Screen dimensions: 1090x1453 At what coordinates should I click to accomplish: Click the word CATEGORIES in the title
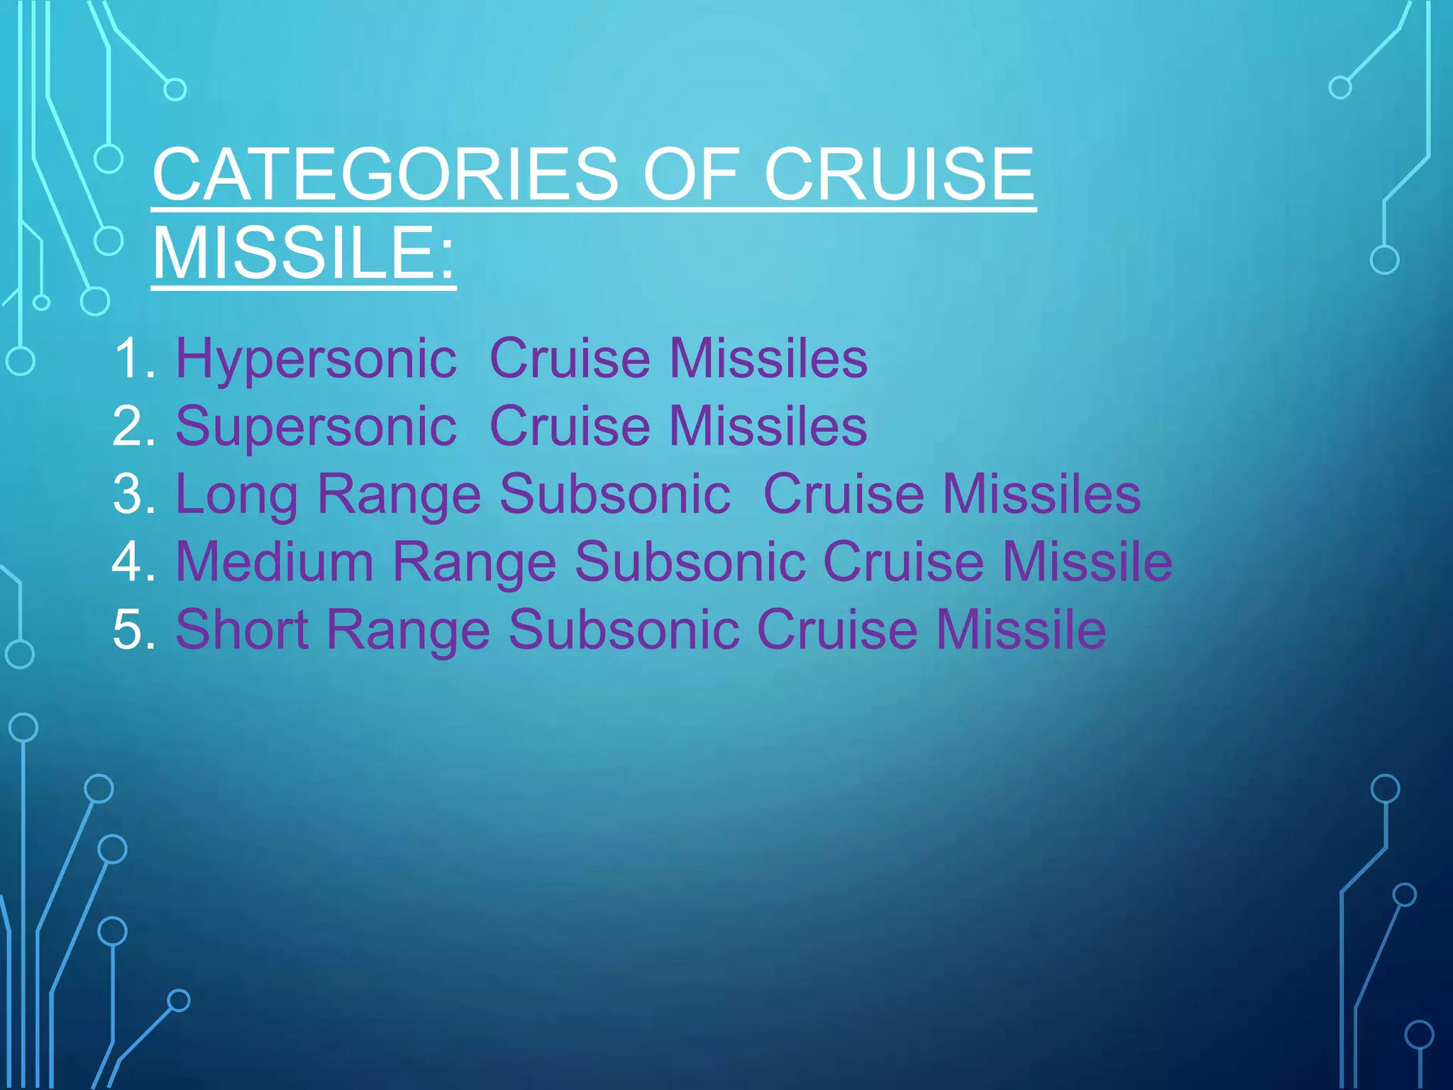[385, 174]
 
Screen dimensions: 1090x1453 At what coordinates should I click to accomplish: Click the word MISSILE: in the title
[304, 253]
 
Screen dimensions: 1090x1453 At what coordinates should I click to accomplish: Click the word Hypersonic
[316, 358]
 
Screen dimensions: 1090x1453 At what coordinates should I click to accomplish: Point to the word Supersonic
[316, 426]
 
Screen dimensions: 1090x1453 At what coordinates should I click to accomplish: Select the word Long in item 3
[237, 494]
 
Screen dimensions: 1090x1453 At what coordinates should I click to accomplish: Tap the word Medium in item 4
[275, 561]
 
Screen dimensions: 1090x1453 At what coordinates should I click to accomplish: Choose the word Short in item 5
[242, 629]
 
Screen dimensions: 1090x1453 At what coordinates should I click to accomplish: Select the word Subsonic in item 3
[614, 494]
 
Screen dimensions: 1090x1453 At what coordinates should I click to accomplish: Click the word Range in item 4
[474, 561]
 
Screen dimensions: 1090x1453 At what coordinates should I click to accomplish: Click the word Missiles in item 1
[768, 358]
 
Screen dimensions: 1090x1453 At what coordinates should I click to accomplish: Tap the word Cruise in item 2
[569, 426]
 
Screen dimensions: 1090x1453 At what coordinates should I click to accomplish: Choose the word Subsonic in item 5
[624, 629]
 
